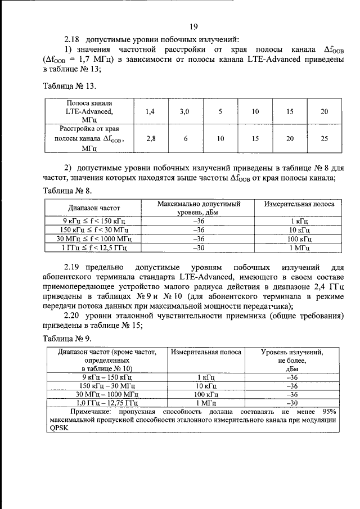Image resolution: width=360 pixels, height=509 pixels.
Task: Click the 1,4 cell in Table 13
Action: [x=150, y=112]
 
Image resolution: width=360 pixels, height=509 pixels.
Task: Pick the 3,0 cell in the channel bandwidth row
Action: [x=184, y=112]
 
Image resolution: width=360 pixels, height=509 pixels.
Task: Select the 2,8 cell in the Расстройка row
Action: [x=150, y=138]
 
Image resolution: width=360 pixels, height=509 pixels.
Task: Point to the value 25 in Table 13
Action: [x=324, y=138]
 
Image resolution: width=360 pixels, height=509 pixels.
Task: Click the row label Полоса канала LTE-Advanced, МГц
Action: [x=89, y=112]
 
